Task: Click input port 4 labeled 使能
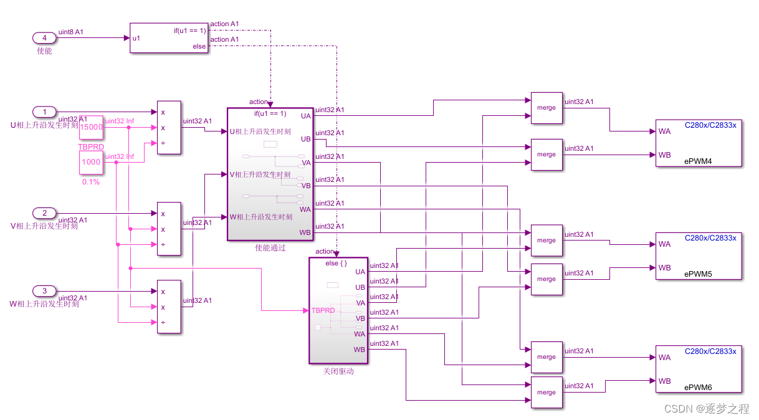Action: coord(44,38)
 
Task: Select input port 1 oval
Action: coord(44,112)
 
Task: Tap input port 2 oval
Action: coord(44,213)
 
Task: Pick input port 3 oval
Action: coord(44,291)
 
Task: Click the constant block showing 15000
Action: coord(90,127)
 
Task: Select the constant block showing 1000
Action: coord(90,162)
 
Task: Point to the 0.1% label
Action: coord(91,182)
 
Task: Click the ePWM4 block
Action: coord(699,143)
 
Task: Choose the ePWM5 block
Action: coord(699,255)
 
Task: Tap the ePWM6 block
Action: coord(699,369)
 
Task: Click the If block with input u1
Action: coord(168,38)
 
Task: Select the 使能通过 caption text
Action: coord(270,247)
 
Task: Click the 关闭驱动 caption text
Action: coord(338,371)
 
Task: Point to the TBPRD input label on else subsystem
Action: coord(323,310)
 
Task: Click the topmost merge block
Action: coord(547,108)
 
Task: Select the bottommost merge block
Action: coord(547,393)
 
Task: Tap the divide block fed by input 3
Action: coord(169,307)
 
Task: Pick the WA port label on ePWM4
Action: coord(665,131)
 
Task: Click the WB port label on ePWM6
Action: coord(665,381)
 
